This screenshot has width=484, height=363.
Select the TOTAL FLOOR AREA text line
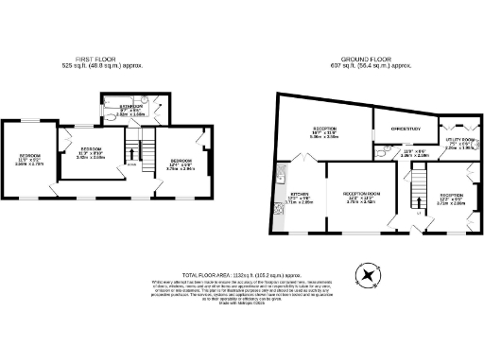pos(241,271)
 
